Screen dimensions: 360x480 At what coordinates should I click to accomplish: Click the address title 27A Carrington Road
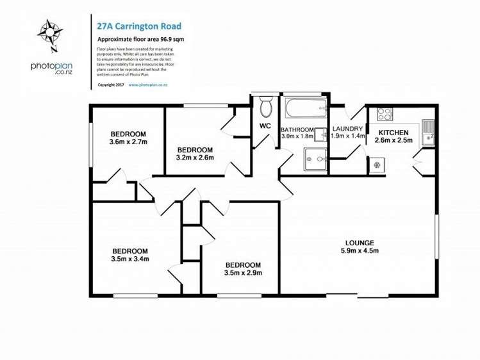(138, 26)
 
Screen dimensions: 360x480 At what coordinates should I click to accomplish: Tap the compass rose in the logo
(48, 33)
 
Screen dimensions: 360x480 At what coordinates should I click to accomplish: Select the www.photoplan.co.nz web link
(148, 84)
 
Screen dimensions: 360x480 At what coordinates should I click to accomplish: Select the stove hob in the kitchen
(385, 114)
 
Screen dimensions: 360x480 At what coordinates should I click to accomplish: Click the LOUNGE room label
(360, 242)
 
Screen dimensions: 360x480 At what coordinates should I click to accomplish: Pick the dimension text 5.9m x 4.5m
(360, 250)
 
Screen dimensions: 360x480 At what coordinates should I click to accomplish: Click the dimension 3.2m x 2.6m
(195, 157)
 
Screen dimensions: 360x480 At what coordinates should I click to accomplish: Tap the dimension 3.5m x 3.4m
(130, 259)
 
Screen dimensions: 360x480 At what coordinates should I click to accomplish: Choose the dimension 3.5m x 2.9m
(242, 273)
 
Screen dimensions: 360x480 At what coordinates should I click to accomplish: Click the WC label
(265, 126)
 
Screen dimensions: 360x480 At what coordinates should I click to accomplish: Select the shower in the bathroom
(314, 158)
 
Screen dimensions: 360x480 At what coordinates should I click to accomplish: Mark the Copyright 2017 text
(110, 84)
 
